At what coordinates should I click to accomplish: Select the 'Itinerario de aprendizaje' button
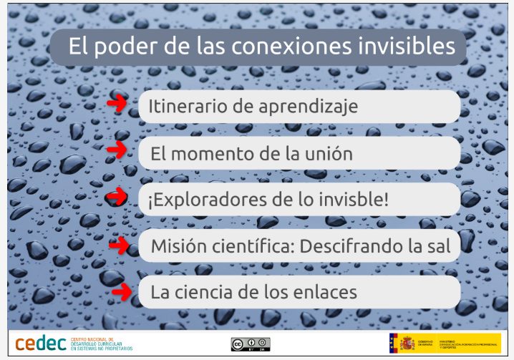tap(299, 107)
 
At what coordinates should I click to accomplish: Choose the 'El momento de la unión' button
tap(299, 153)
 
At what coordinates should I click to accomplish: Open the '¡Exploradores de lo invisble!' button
tap(299, 200)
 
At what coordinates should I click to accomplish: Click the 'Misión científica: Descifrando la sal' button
tap(299, 246)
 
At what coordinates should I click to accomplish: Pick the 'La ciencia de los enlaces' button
tap(299, 292)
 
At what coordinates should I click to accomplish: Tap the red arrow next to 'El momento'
tap(117, 150)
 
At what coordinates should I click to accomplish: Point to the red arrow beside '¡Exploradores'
tap(116, 195)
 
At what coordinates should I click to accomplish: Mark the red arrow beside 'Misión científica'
tap(118, 245)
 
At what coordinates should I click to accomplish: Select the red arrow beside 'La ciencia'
tap(121, 291)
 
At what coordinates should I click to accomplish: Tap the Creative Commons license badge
tap(251, 344)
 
